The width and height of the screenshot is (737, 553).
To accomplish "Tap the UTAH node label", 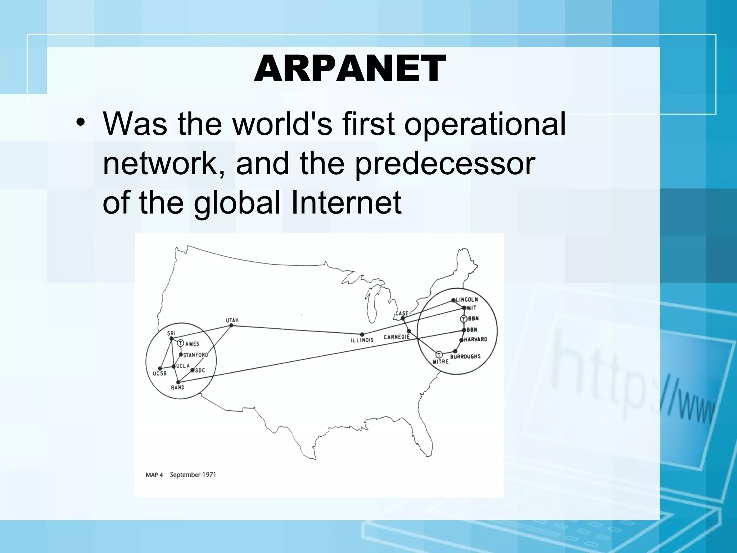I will (232, 320).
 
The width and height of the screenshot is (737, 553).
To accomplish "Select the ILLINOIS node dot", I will (362, 334).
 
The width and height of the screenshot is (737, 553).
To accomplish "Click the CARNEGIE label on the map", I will (397, 337).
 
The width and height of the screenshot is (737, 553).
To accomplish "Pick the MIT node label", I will (471, 308).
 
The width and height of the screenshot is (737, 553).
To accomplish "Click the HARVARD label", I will (475, 339).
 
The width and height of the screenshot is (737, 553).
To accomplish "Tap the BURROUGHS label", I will (465, 356).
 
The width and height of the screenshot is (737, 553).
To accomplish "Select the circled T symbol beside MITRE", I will (439, 355).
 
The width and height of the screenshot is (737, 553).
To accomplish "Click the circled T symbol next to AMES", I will (181, 343).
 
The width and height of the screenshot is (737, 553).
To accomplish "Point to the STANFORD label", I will (195, 355).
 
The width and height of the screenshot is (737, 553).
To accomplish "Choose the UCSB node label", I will (159, 374).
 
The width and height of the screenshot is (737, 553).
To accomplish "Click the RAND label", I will (177, 387).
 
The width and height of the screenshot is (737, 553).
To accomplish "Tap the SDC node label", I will (200, 370).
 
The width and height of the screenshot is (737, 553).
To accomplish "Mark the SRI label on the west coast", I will (171, 334).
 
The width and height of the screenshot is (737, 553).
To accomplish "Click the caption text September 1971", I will (193, 475).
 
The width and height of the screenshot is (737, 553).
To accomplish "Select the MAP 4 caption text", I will (154, 475).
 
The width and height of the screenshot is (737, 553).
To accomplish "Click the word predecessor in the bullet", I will (445, 164).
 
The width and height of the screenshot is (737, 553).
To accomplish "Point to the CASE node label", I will (402, 313).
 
